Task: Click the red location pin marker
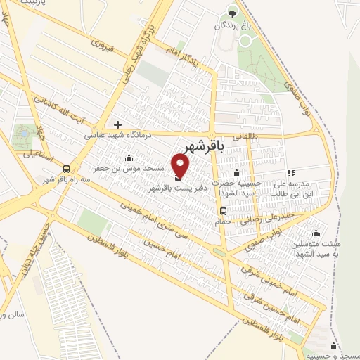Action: pos(181,166)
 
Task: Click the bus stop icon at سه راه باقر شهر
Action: pos(66,169)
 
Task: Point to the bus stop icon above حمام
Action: pos(223,210)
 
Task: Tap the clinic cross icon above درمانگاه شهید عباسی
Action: pos(117,124)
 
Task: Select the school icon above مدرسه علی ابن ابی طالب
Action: pos(290,173)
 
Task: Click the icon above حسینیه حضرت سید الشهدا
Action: pos(238,172)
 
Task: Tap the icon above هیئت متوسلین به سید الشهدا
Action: pos(316,233)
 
